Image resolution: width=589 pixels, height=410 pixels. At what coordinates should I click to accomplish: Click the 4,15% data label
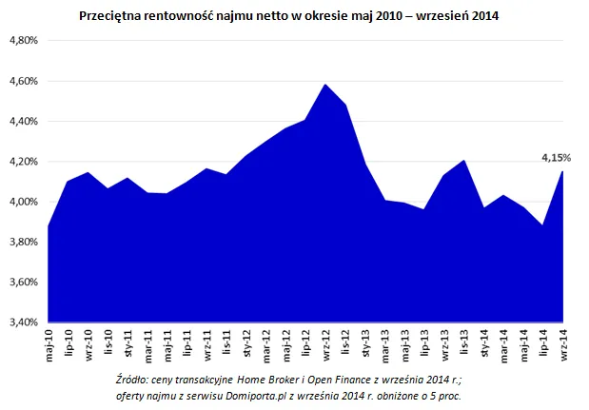coord(556,157)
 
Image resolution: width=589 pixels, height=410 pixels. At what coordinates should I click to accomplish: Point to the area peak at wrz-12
coord(325,85)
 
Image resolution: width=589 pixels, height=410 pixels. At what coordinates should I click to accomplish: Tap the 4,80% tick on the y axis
coord(22,41)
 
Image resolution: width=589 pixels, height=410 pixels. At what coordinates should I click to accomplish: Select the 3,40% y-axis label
coord(22,322)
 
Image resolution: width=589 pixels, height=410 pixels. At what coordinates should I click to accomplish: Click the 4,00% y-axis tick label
coord(22,202)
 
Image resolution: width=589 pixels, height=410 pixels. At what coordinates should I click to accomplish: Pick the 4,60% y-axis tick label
coord(22,81)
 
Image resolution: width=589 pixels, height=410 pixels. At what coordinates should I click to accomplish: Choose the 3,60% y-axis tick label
coord(22,283)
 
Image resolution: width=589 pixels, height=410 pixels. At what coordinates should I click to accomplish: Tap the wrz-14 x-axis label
coord(563,346)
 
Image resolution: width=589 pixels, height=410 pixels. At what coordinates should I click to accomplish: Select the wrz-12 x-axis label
coord(326,346)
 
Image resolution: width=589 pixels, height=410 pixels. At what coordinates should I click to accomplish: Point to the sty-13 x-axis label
coord(366,346)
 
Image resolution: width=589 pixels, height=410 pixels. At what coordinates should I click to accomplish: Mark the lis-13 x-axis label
coord(464,346)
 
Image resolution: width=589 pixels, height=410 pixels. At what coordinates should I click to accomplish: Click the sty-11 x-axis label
coord(128,346)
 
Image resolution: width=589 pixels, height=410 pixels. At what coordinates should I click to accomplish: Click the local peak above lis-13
coord(464,161)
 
